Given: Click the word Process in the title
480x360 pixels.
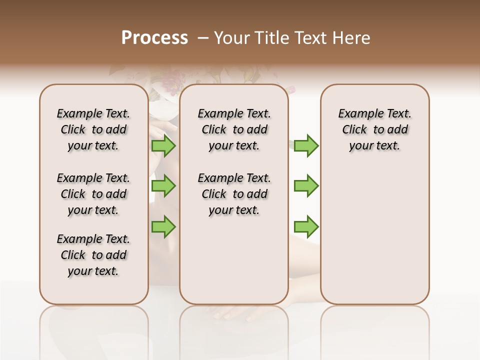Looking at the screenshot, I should (154, 38).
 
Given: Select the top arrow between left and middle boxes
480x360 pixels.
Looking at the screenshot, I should (163, 146).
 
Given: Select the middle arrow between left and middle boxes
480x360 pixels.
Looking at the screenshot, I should (163, 186).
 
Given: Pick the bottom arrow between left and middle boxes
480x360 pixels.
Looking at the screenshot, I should (163, 226).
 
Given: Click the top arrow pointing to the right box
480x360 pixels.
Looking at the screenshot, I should (306, 146).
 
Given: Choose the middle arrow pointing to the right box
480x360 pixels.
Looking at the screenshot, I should (306, 186).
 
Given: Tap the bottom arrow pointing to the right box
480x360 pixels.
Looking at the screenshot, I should (306, 226).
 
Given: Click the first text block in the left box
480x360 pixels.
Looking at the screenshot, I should (93, 129).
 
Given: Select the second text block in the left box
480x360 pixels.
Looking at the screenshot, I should (93, 194).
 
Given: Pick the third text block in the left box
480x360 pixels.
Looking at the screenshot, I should (93, 255).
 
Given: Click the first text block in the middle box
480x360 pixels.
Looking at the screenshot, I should (234, 129).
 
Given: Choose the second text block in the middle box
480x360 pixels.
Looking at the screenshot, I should (234, 194).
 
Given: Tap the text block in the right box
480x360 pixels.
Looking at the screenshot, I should (375, 129).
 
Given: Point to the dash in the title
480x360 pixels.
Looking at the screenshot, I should (203, 38).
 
